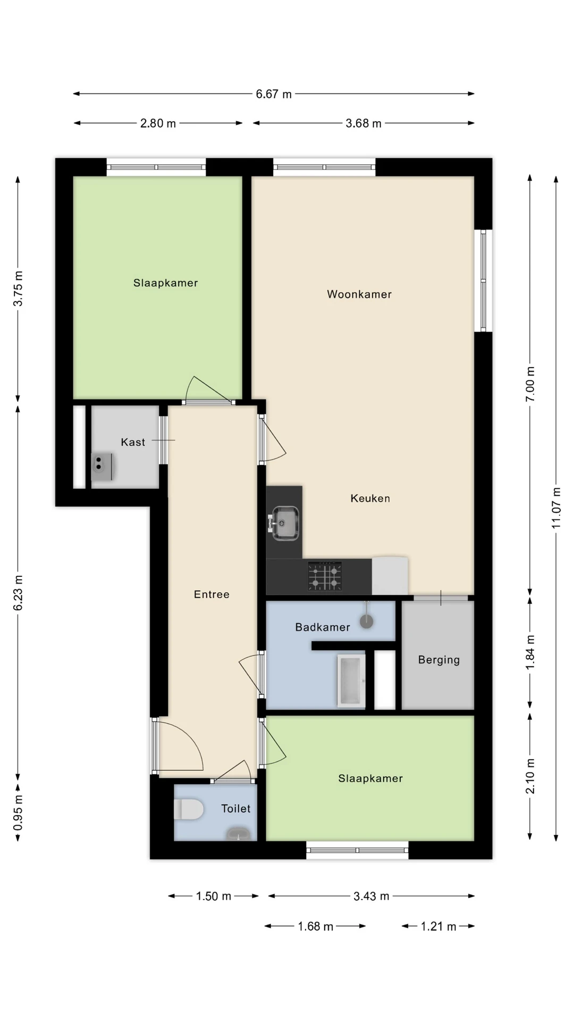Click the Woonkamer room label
tap(359, 294)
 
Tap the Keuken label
tap(370, 498)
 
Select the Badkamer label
tap(323, 627)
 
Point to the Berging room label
tap(439, 660)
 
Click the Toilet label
tap(236, 809)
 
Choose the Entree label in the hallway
tap(212, 594)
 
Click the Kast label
tap(133, 442)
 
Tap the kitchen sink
tap(285, 523)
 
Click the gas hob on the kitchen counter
tap(325, 576)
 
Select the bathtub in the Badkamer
tap(351, 681)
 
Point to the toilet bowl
tap(189, 810)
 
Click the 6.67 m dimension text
tap(274, 94)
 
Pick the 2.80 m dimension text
tap(158, 123)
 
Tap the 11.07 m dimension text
tap(556, 507)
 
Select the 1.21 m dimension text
tap(438, 926)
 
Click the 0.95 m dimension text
tap(18, 813)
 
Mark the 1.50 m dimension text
tap(213, 896)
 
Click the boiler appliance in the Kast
tap(102, 466)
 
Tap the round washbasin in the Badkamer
tap(366, 620)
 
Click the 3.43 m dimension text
tap(372, 896)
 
